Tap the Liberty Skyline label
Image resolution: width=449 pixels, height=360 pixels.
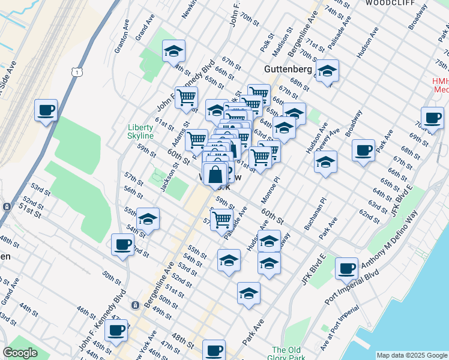coord(141,131)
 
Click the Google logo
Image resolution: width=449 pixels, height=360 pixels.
coord(20,353)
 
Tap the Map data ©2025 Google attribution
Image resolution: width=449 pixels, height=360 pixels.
coord(411,355)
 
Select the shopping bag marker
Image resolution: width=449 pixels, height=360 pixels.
coord(215,175)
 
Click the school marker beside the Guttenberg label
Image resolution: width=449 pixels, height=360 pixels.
coord(327,72)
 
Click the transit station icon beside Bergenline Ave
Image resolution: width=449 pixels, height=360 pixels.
coord(136,305)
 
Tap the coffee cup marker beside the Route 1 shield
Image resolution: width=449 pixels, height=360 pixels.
coord(46,111)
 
